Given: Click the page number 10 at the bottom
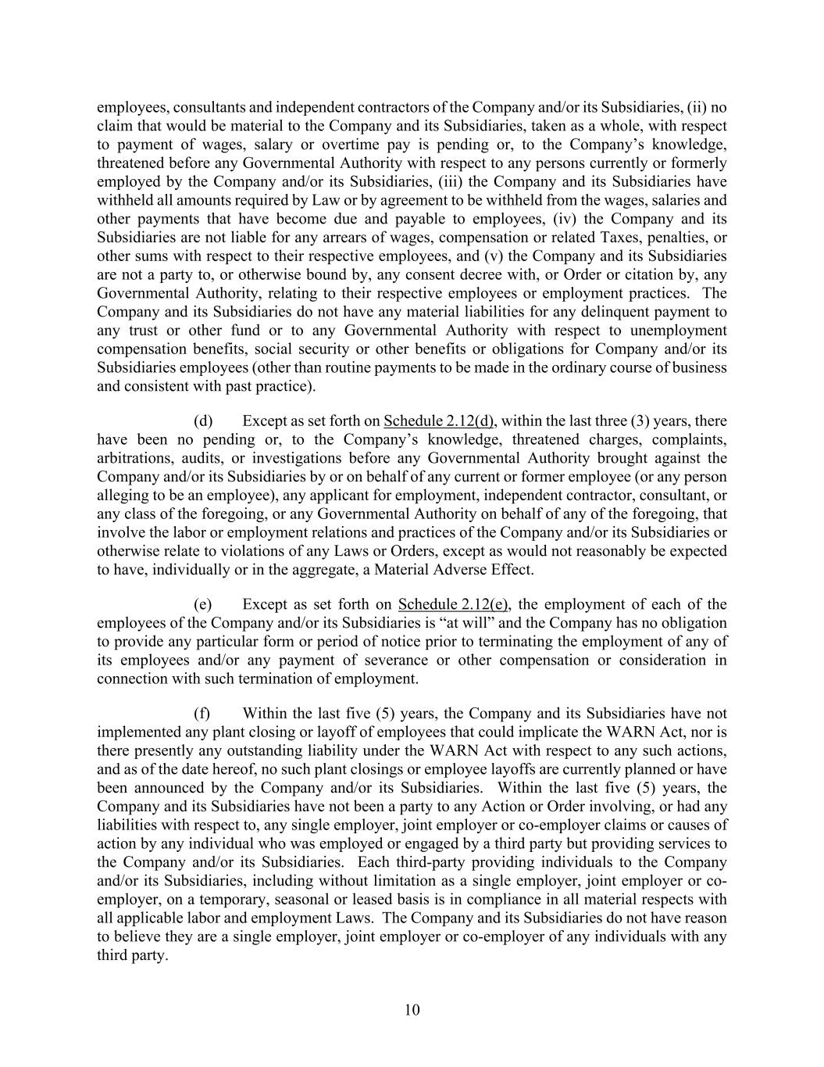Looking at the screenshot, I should [412, 1010].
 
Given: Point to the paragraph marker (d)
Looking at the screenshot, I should [203, 421].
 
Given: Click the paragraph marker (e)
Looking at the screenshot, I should [203, 604].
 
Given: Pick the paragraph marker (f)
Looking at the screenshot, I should [202, 714].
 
